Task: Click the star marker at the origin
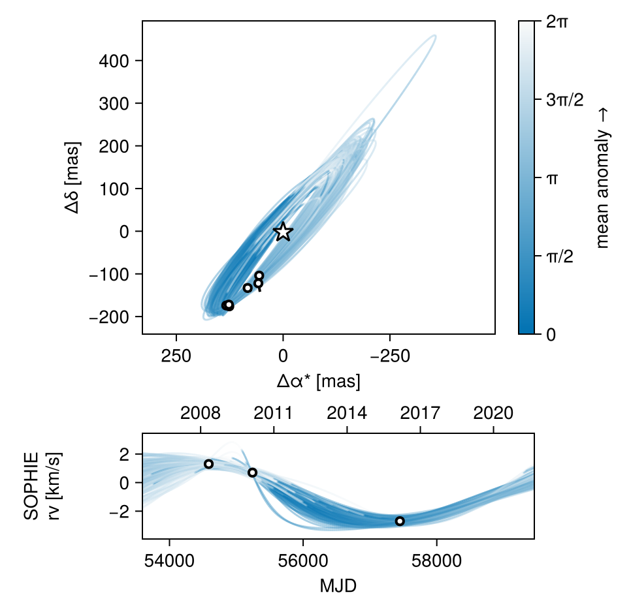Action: coord(283,231)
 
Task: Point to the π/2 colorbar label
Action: coord(559,256)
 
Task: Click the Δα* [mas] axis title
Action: coord(318,381)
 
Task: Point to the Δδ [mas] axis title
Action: coord(72,177)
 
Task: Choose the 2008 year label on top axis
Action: coord(200,413)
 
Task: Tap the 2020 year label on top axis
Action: coord(493,413)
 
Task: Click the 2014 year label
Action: coord(347,413)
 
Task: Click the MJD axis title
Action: coord(338,585)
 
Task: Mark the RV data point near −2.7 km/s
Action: coord(400,521)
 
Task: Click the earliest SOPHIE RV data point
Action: coord(208,464)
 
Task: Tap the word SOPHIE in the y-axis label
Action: coord(31,484)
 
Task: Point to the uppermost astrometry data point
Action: coord(259,275)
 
